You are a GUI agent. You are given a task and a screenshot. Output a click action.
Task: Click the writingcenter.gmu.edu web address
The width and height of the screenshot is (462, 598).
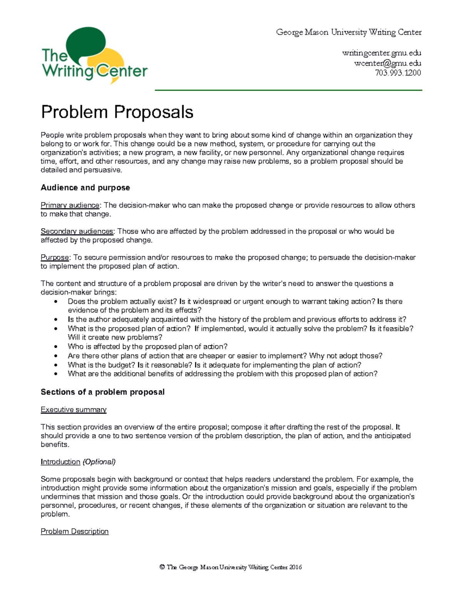click(382, 53)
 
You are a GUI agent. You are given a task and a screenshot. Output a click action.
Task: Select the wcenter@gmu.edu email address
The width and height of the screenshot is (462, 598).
click(387, 63)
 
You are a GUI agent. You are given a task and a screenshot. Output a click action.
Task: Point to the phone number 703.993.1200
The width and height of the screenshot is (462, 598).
click(398, 73)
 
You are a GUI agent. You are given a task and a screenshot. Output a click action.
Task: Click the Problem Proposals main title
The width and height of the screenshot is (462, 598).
click(117, 112)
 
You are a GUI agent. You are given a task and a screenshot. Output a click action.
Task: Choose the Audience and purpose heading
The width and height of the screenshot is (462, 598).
click(85, 188)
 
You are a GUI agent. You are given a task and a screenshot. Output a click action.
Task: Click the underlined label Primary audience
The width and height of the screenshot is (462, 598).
click(70, 205)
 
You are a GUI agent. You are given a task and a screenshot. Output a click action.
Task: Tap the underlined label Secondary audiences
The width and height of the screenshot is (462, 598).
click(77, 231)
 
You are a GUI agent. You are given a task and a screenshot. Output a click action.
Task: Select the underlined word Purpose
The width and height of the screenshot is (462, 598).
click(55, 257)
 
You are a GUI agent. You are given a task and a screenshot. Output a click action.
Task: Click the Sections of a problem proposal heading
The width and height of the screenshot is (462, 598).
click(102, 392)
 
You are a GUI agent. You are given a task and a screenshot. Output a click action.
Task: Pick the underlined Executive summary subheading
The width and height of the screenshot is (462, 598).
click(74, 410)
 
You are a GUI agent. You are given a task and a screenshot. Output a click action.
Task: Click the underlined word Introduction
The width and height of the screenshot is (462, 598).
click(60, 462)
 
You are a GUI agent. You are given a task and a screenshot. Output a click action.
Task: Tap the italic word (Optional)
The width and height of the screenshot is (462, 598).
click(99, 462)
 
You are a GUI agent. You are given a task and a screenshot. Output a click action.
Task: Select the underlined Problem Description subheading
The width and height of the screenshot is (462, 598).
click(75, 531)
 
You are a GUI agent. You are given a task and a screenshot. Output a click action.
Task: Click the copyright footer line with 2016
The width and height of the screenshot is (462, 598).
click(231, 567)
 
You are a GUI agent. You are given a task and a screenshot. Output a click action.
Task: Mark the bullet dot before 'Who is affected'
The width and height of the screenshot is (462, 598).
click(57, 347)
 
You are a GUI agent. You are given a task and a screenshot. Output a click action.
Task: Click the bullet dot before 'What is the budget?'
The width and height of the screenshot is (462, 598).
click(57, 365)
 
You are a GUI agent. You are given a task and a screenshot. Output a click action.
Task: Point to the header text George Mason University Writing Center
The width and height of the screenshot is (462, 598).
click(349, 32)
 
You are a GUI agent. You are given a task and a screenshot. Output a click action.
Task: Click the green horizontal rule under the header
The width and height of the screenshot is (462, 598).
click(288, 90)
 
